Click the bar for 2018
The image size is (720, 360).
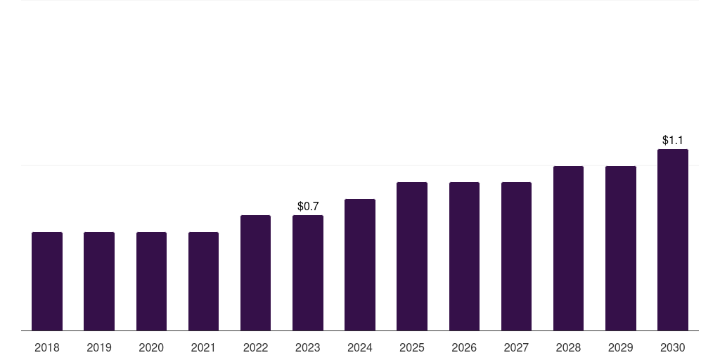(47, 281)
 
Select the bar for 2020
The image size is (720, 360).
(151, 281)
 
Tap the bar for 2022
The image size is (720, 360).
(255, 273)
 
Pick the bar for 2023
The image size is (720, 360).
(308, 273)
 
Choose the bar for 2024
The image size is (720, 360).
(360, 265)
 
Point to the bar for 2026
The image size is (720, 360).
(464, 257)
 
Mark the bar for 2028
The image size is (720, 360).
(568, 248)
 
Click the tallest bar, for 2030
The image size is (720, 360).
(673, 240)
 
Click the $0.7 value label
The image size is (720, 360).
(308, 207)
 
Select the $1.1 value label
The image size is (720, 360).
(673, 141)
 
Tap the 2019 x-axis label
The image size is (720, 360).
(99, 347)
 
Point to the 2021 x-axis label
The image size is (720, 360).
(203, 347)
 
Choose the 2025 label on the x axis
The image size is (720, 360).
(412, 347)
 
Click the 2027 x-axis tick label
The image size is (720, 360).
(516, 347)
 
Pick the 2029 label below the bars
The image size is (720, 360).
(620, 347)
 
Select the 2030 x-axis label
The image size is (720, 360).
(673, 347)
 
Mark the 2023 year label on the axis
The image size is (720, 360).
(308, 347)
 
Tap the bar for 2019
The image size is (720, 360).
(99, 281)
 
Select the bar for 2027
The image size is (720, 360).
(516, 257)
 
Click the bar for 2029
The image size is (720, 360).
(620, 248)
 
